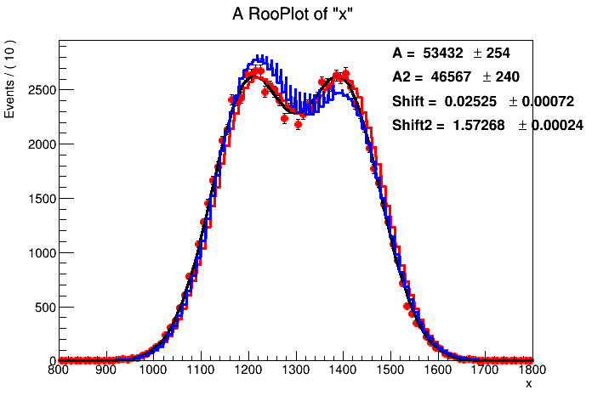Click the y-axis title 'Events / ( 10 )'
coord(11,77)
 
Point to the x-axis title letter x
coord(528,385)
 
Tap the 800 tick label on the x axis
coord(58,370)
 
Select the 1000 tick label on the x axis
coord(153,370)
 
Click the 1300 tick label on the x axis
coord(295,370)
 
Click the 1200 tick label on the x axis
coord(248,370)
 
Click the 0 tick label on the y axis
coord(50,361)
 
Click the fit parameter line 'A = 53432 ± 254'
coord(450,53)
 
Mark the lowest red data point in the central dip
coord(298,125)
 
